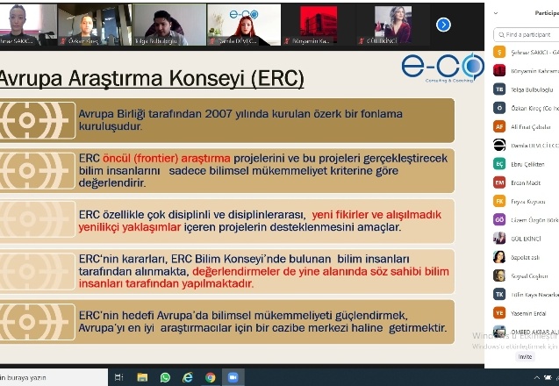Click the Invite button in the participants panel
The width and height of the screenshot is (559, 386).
tap(525, 356)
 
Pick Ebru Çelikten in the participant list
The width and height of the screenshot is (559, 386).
tap(528, 163)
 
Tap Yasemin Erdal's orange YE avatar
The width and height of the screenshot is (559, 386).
tap(499, 312)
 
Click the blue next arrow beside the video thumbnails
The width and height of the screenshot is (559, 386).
tap(443, 24)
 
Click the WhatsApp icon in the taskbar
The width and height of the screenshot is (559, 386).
tap(165, 377)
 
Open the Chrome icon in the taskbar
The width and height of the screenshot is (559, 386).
tap(211, 377)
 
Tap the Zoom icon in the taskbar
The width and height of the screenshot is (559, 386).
tap(233, 377)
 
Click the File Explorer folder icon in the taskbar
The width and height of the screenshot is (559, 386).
tap(142, 377)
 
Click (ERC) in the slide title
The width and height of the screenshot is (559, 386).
tap(277, 79)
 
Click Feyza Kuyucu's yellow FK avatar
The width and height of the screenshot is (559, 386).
tap(499, 200)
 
